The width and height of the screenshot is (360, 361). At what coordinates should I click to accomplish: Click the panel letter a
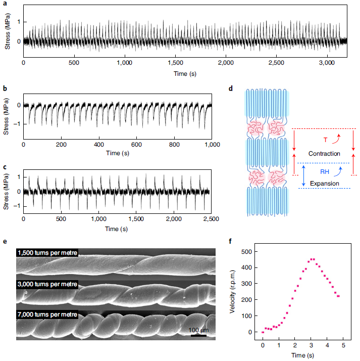(5, 4)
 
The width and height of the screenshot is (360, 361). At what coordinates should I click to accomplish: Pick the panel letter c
(5, 167)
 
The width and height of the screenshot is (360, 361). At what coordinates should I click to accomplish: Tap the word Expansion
(325, 183)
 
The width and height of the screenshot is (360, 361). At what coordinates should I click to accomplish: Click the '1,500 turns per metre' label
(47, 253)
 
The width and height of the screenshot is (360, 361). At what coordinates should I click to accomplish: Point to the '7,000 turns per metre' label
(47, 314)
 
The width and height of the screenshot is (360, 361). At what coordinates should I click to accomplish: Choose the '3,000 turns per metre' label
(47, 284)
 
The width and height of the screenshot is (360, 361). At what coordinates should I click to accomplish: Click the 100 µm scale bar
(199, 335)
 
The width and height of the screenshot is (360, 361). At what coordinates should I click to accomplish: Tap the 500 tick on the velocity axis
(248, 251)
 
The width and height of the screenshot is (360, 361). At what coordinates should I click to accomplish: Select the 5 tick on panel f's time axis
(342, 345)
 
